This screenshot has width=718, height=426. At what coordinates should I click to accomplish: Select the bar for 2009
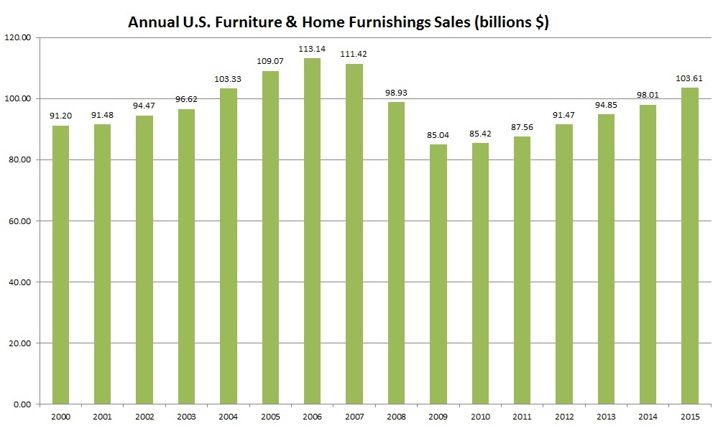pyautogui.click(x=438, y=274)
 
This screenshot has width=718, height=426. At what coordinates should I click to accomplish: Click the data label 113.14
pyautogui.click(x=312, y=50)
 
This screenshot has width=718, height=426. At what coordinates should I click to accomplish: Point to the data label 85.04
pyautogui.click(x=438, y=136)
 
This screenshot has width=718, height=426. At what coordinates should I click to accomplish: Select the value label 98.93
pyautogui.click(x=396, y=93)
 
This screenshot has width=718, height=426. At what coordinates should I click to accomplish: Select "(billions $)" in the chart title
pyautogui.click(x=512, y=22)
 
